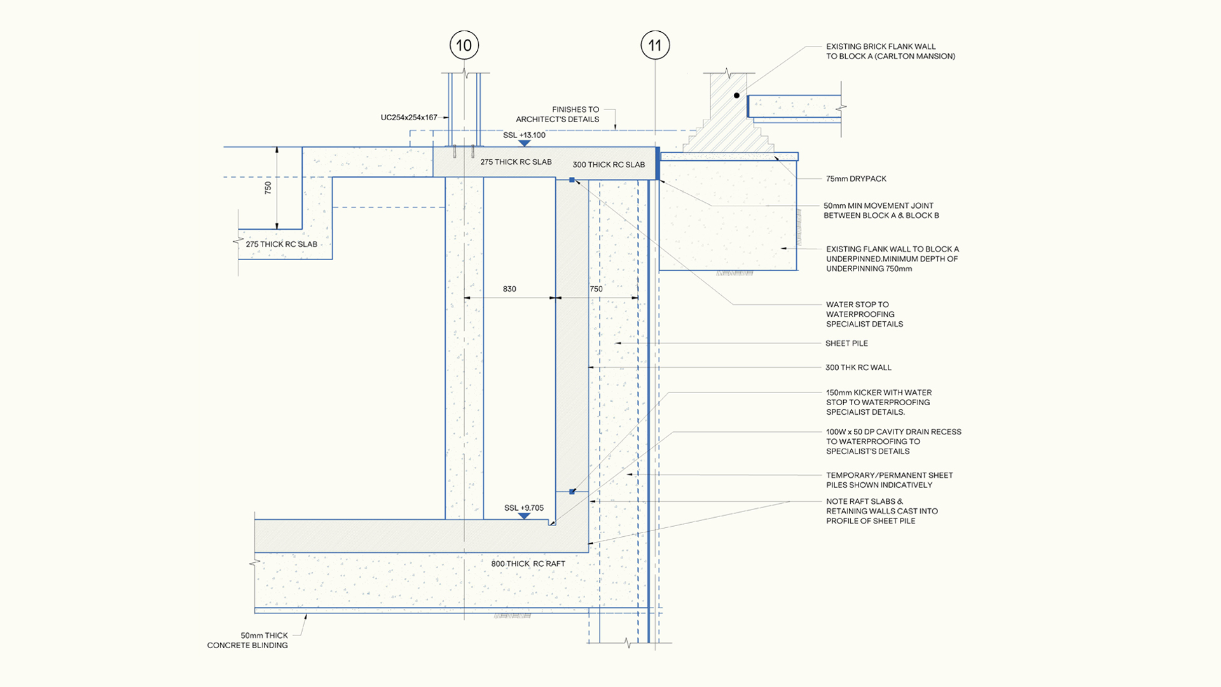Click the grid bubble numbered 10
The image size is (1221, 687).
[464, 45]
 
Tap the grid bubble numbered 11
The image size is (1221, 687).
[655, 45]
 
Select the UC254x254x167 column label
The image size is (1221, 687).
[409, 118]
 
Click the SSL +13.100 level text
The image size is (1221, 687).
[524, 135]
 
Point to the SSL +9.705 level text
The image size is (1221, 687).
[524, 508]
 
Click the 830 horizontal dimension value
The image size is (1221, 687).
[509, 289]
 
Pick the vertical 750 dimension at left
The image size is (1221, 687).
[268, 188]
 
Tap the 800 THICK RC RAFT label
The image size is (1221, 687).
[528, 564]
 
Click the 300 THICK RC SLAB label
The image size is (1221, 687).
[609, 165]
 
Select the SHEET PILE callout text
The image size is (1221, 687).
[846, 343]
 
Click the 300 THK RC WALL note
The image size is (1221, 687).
[859, 368]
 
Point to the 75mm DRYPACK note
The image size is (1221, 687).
[856, 179]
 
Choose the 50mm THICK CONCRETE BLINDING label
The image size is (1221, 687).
[247, 640]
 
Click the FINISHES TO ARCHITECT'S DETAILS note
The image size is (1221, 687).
[558, 114]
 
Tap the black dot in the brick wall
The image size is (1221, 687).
[736, 95]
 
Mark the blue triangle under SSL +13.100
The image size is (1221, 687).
[524, 144]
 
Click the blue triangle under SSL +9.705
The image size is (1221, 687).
[524, 517]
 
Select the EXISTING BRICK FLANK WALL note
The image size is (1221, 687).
[890, 52]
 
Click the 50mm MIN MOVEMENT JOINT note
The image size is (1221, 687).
[881, 211]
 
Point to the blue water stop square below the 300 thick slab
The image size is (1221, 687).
[572, 180]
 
